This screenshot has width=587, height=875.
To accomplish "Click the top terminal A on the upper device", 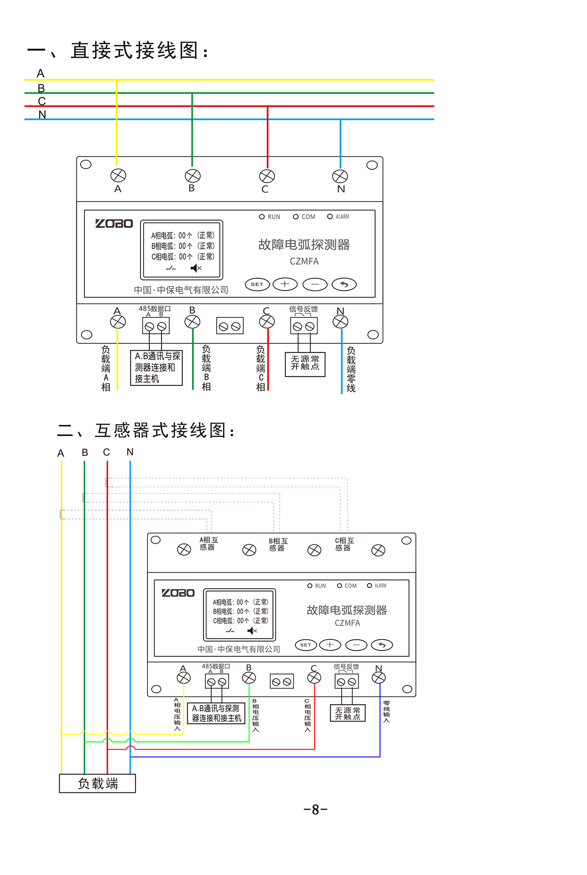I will pos(118,175).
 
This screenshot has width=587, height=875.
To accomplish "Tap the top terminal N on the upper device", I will pos(340,176).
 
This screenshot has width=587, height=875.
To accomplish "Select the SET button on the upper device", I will pos(257,284).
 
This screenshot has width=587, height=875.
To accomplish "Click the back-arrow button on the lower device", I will pos(382,645).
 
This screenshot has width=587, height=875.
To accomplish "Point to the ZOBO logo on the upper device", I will pos(114,224).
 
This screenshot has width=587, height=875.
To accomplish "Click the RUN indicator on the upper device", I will pos(262,217).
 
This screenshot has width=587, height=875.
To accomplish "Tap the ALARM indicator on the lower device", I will pos(369,585).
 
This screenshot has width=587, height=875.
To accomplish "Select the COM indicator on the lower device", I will pos(339,585).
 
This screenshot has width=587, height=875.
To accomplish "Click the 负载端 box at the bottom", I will pos(97,783).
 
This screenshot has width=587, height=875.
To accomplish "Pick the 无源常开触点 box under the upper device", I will pos(305,363).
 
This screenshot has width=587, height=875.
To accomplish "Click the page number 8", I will pos(316,809).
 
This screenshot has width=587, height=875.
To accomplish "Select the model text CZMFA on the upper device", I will pos(304,261).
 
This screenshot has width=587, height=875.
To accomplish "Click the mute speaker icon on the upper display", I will pos(196,268).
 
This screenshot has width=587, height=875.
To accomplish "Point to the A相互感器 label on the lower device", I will pos(208,543).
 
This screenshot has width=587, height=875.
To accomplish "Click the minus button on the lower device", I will pos(356,645).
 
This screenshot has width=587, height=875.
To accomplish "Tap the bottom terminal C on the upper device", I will pos(267,321).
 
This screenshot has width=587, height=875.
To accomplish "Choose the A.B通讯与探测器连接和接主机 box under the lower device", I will pos(216,713).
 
